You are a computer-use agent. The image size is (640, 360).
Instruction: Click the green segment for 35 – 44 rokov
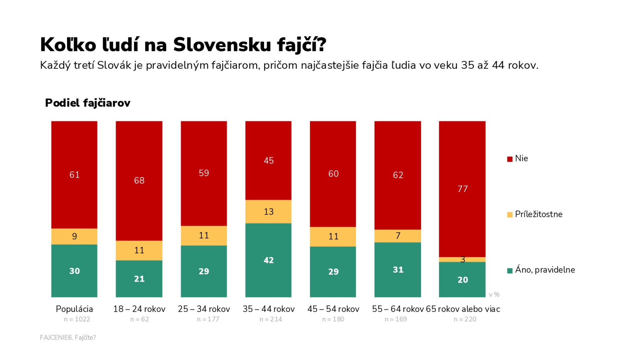268,260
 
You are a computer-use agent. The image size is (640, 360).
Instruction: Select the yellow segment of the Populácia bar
74,236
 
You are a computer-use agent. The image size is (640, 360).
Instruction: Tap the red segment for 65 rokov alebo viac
462,189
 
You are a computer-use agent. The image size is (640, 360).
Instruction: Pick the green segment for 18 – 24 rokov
139,279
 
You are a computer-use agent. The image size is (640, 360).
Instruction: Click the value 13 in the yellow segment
269,212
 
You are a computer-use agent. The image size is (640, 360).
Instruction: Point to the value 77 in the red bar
463,189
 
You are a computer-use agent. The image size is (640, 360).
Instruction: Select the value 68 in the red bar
139,180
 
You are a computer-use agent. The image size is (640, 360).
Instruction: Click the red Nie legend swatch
510,159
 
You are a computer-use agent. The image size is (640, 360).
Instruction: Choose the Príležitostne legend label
539,214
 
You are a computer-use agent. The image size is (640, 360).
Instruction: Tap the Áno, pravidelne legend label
545,270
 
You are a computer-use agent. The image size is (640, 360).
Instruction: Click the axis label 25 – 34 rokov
204,309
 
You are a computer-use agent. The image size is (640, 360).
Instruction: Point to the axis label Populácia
74,309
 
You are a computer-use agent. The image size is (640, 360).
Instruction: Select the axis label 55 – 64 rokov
398,309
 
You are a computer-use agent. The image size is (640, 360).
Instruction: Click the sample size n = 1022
77,319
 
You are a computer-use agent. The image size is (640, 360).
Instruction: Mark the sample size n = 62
139,319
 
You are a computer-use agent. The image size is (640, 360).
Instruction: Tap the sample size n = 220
465,319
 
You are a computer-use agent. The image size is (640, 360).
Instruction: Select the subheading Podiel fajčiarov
88,103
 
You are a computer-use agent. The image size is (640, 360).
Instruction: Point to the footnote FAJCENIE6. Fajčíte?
68,337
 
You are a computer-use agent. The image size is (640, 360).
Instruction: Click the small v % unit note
494,294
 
